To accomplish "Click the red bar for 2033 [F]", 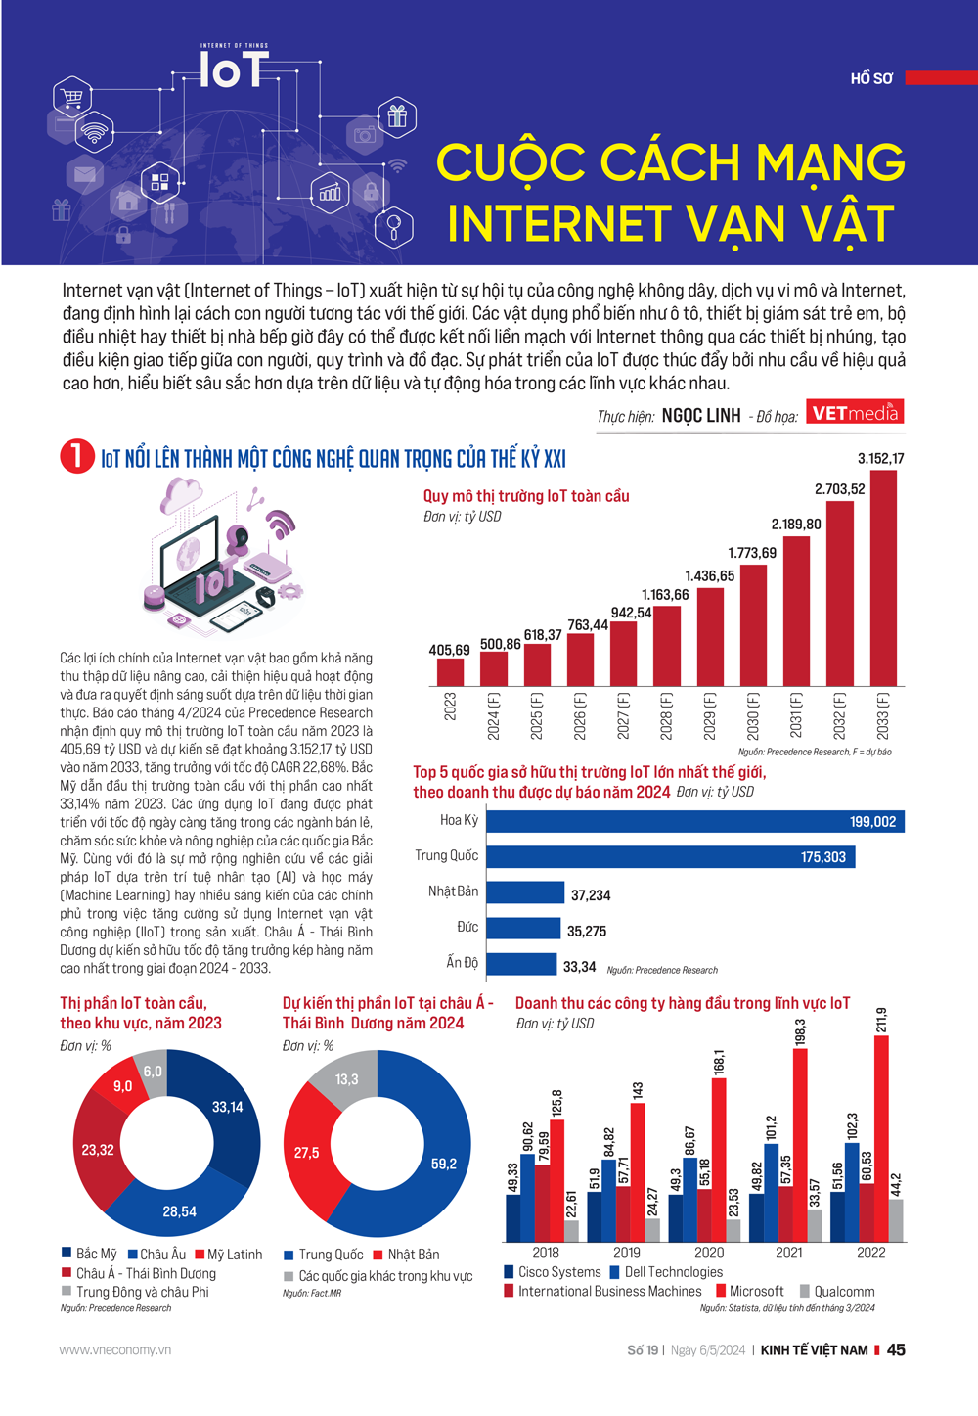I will click(x=883, y=577).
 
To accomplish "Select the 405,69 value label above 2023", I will click(x=449, y=650).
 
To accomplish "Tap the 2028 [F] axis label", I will click(x=666, y=714).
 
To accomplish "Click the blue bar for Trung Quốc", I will click(x=670, y=857).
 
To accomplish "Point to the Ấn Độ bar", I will click(x=520, y=964).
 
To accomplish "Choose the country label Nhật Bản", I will click(x=453, y=891).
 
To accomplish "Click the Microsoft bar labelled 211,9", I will click(x=881, y=1135).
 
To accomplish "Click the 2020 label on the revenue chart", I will click(x=709, y=1253).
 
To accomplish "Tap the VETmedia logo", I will click(x=855, y=412).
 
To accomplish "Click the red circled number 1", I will click(x=76, y=456).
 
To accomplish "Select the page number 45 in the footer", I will click(x=896, y=1349).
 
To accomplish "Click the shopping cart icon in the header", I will click(x=71, y=97).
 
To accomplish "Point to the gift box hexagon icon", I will click(x=396, y=116).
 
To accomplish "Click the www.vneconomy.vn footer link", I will click(x=114, y=1350).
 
